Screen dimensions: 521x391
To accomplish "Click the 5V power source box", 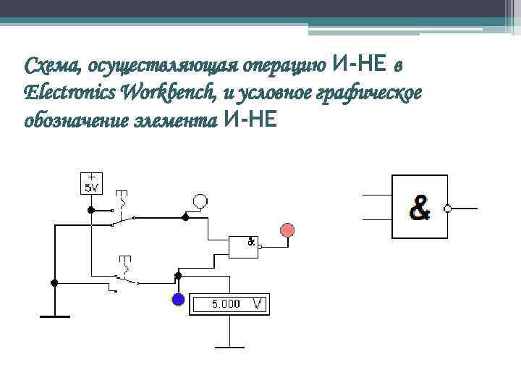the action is pos(92,184).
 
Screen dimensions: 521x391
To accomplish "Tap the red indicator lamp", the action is pos(287,230).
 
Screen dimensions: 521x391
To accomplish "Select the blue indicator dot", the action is pos(177,298).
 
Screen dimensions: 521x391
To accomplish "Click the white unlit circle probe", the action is pos(200,201).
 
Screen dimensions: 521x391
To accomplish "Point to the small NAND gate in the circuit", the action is pos(244,247).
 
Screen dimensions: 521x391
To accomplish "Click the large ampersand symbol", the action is pos(420,209).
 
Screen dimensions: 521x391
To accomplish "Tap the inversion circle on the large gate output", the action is pos(448,209).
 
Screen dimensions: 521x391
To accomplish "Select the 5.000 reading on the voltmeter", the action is pos(225,304).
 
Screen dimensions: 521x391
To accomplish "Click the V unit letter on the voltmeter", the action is pos(257,304).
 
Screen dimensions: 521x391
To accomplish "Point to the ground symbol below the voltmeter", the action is pos(229,346).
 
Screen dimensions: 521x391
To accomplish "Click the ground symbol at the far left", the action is pos(54,316).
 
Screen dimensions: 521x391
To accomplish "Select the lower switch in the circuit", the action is pos(124,279).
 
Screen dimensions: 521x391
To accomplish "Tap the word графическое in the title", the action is pos(377,93).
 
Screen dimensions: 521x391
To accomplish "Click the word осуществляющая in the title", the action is pos(164,67).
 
